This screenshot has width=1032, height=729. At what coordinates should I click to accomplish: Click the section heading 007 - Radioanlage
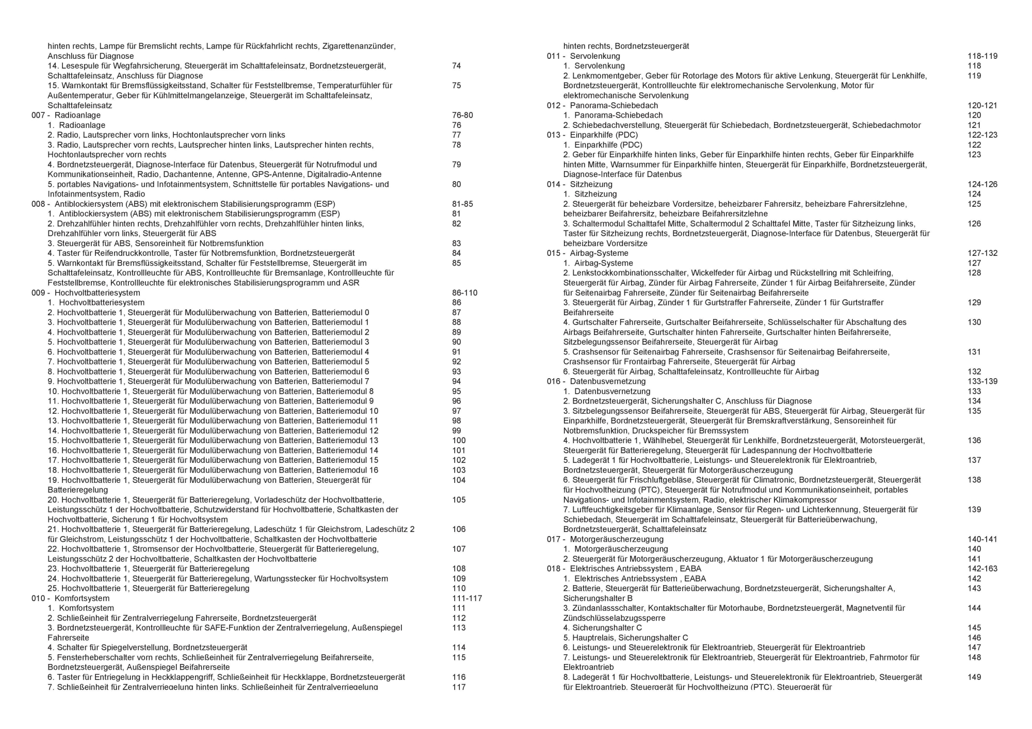coord(66,115)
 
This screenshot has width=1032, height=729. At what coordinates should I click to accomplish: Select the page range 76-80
coord(462,115)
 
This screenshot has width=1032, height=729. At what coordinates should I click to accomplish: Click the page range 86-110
coord(464,293)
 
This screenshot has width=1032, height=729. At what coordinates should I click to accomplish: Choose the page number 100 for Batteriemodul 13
coord(459,441)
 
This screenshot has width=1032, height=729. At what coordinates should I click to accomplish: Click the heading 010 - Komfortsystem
coord(71,598)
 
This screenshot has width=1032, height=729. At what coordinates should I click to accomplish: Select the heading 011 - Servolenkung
coord(584,56)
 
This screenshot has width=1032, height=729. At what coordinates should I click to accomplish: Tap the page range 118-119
coord(982,56)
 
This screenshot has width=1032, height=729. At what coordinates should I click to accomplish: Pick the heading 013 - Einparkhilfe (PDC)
coord(592,135)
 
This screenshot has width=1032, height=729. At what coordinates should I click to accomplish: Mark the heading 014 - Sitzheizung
coord(580,184)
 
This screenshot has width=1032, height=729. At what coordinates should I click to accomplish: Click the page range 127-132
coord(982,253)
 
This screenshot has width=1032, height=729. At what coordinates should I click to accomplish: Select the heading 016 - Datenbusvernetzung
coord(596,381)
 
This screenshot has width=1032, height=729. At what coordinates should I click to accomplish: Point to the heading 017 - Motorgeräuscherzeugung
coord(605,539)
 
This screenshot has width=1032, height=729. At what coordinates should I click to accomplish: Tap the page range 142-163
coord(982,569)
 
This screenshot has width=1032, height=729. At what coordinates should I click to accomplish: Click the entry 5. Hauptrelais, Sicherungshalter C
coord(625,638)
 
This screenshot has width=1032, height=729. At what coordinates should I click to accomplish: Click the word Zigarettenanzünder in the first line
coord(359,46)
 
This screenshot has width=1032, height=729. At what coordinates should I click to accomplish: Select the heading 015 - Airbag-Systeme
coord(588,253)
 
